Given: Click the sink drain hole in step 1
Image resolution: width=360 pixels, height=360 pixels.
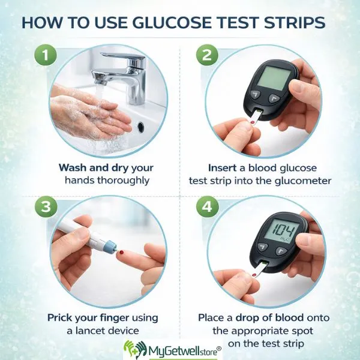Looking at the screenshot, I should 140,127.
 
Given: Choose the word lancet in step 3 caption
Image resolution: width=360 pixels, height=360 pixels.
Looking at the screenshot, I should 92,329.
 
